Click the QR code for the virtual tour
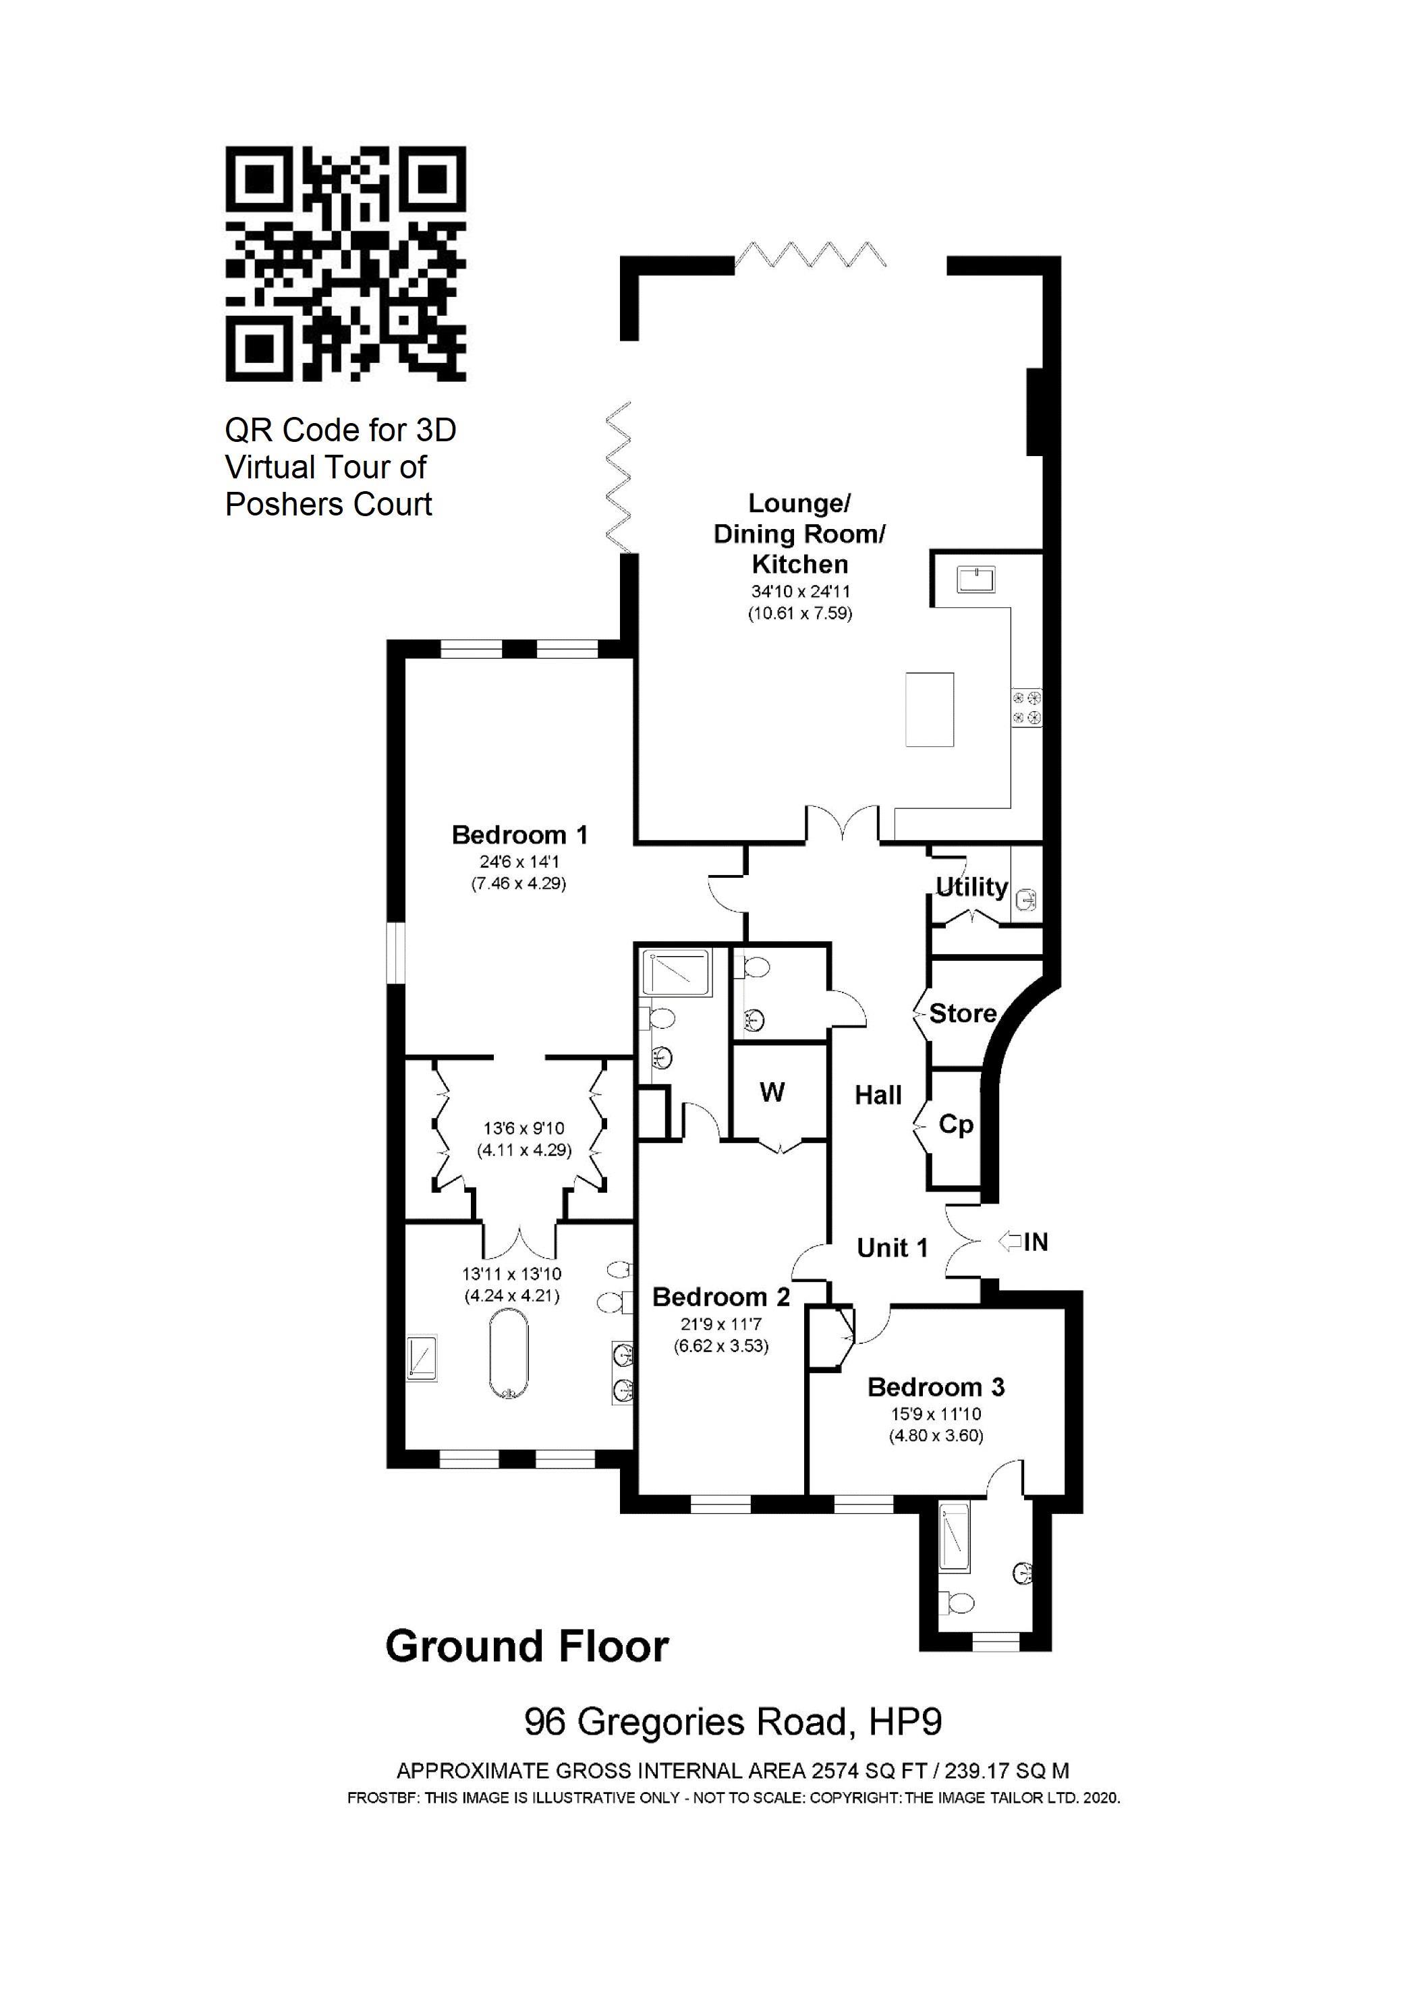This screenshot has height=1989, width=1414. pyautogui.click(x=345, y=263)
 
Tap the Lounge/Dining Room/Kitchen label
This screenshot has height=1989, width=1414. pyautogui.click(x=799, y=533)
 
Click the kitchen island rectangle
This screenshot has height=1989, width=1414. pyautogui.click(x=929, y=710)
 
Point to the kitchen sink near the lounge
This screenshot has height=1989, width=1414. pyautogui.click(x=976, y=579)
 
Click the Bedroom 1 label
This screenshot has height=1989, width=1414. pyautogui.click(x=520, y=835)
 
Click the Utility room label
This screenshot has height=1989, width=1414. pyautogui.click(x=971, y=887)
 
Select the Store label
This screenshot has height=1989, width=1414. pyautogui.click(x=962, y=1013)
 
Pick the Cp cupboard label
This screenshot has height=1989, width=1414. pyautogui.click(x=956, y=1124)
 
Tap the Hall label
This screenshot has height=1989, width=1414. pyautogui.click(x=878, y=1094)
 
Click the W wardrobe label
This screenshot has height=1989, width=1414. pyautogui.click(x=772, y=1092)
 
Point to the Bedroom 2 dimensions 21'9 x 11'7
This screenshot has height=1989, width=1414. pyautogui.click(x=721, y=1324)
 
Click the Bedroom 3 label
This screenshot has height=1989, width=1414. pyautogui.click(x=936, y=1386)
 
